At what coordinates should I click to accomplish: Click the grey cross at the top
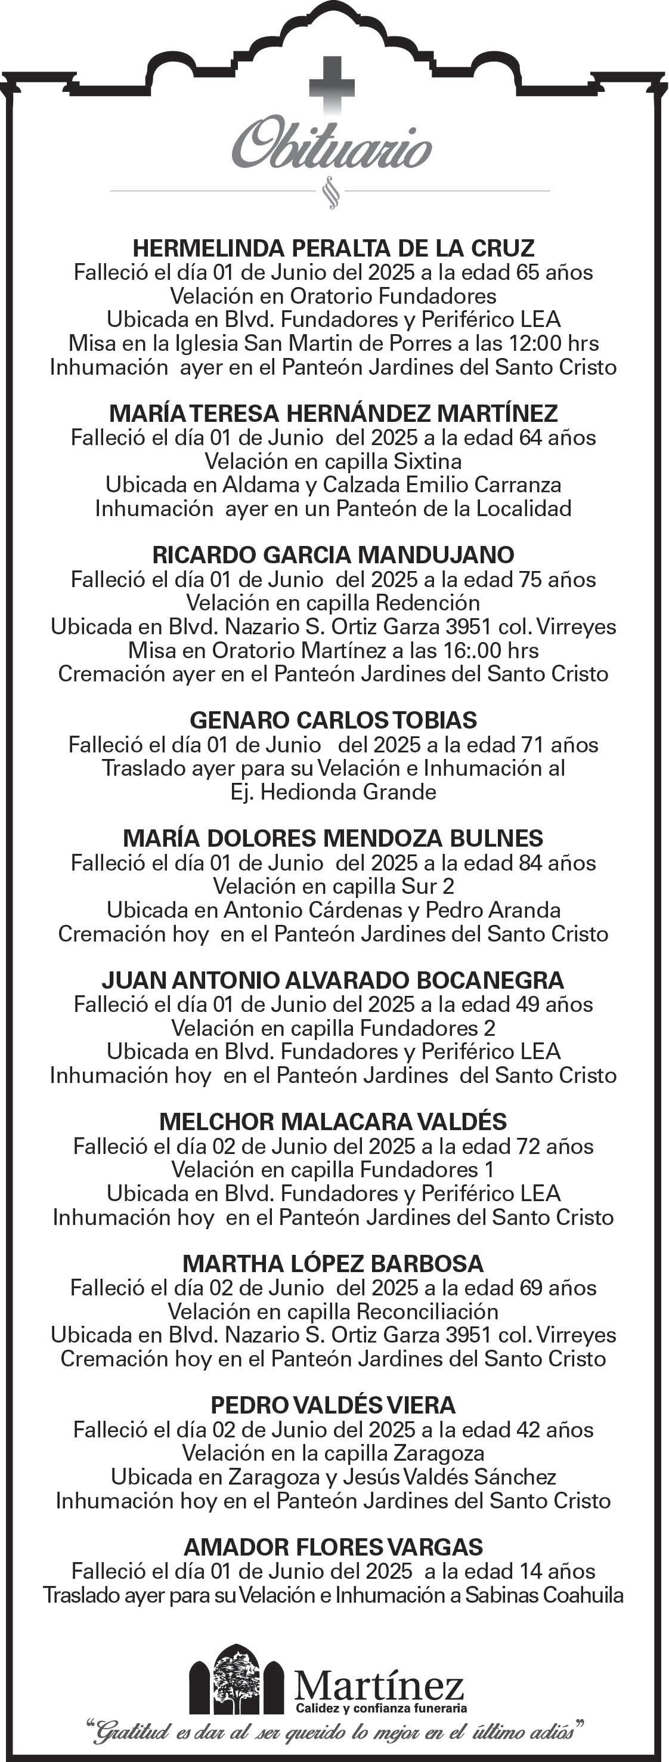(332, 84)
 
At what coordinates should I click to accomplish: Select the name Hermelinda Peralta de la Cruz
(333, 248)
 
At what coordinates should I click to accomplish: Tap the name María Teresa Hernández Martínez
(333, 413)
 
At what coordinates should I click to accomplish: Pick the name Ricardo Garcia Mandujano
(333, 555)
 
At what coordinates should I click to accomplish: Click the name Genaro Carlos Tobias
(333, 720)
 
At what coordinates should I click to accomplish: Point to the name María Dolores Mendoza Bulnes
(333, 838)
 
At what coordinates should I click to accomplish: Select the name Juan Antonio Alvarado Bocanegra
(333, 980)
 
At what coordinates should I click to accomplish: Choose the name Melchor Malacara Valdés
(333, 1122)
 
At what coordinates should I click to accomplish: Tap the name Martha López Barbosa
(333, 1263)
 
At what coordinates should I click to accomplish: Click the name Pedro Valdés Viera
(333, 1405)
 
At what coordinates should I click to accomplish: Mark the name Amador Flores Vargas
(333, 1547)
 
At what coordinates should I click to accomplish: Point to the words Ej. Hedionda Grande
(333, 792)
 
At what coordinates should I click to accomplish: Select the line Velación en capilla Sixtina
(333, 461)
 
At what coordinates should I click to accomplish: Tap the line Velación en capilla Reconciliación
(333, 1312)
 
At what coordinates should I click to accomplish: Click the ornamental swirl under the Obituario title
(332, 193)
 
